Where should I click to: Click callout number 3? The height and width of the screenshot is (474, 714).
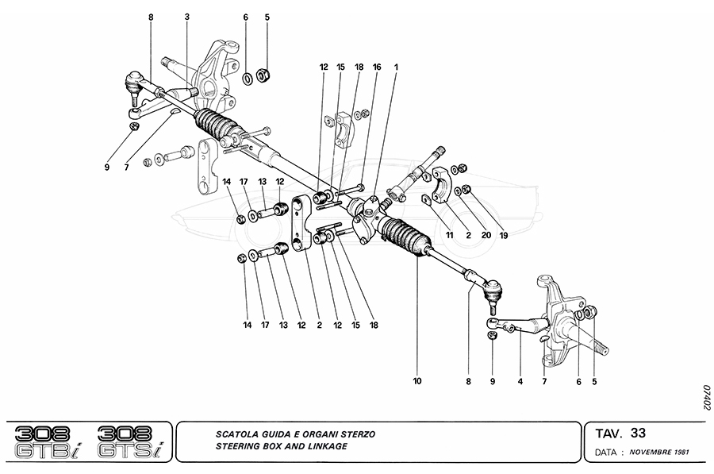tap(187, 16)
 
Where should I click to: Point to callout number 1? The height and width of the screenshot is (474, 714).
tap(397, 67)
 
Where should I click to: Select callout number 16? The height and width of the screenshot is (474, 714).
tap(377, 67)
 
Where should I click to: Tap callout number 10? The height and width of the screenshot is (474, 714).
tap(417, 381)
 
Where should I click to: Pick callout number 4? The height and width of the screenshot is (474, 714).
tap(520, 381)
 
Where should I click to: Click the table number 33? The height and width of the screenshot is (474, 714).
tap(639, 433)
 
